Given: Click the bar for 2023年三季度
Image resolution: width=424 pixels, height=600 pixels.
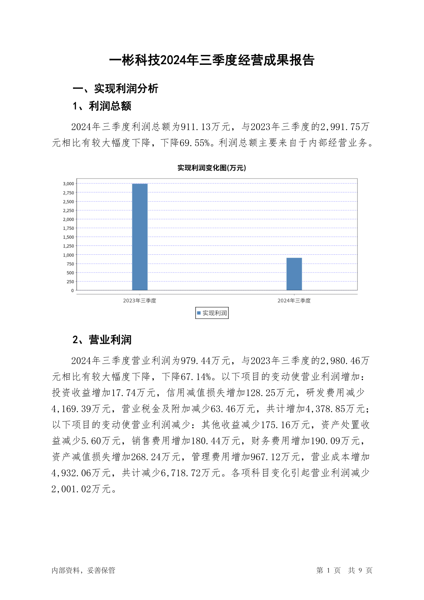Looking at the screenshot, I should (x=140, y=237).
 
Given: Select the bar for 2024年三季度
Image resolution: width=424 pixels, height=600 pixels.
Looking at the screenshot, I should (x=294, y=274).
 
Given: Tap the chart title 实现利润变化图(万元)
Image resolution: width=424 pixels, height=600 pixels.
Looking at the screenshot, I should (x=212, y=168).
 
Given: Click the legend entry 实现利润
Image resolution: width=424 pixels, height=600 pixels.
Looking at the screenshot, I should (x=212, y=313).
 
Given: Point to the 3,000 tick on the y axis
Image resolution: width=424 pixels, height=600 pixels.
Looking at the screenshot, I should (x=68, y=184).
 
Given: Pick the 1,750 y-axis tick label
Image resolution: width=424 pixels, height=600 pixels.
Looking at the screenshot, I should (x=68, y=228).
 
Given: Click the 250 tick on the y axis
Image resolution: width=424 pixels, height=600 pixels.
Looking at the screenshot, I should (x=70, y=282).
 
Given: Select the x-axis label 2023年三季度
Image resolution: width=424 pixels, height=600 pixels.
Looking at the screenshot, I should (x=140, y=301).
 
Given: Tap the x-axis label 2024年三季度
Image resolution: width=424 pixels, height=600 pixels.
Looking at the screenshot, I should (x=294, y=301).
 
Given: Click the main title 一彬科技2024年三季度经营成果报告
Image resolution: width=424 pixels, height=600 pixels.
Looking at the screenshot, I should (x=212, y=60).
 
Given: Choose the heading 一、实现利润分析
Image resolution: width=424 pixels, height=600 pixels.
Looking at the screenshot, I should (x=115, y=89).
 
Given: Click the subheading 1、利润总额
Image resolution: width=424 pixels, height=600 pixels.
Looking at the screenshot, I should (x=102, y=106).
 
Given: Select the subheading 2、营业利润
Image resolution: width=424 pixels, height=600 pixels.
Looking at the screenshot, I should (x=102, y=340).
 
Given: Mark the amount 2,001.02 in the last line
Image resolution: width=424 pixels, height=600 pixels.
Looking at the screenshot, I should (x=71, y=489).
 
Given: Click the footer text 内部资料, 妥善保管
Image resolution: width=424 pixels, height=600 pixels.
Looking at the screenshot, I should (x=83, y=570).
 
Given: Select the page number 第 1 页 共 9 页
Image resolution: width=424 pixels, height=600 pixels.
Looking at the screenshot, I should (x=344, y=570).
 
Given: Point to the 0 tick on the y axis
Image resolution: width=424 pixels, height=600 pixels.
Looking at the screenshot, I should (x=72, y=291).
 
